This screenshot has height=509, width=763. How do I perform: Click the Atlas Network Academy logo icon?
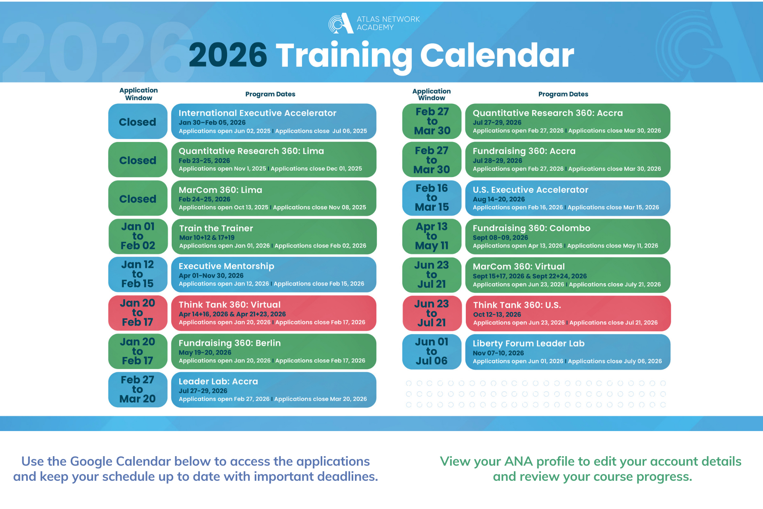point(341,23)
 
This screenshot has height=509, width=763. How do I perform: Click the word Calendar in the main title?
point(497,55)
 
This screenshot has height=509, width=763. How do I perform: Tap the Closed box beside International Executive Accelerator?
point(137,122)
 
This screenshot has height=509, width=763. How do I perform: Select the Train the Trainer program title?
point(216,228)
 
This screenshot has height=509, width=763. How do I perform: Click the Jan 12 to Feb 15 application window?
point(137,274)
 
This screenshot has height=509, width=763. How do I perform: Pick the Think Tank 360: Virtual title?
point(229,305)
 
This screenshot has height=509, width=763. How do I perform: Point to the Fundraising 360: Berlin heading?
point(229,343)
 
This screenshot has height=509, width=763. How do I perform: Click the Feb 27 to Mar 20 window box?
point(137,389)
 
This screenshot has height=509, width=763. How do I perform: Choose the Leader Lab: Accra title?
point(218,381)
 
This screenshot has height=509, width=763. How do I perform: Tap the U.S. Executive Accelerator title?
point(530,190)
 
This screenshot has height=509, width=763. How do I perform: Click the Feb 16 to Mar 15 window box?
point(432,198)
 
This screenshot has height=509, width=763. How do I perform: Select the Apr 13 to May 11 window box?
point(432,236)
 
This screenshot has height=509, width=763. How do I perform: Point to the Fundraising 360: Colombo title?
point(531,228)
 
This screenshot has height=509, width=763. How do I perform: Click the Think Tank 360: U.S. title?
point(517,305)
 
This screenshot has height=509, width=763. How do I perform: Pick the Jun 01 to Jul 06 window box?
point(432,352)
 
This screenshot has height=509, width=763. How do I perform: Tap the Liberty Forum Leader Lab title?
point(528,343)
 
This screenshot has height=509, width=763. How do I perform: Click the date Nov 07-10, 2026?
point(498,353)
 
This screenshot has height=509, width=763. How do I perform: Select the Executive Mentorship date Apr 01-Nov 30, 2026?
point(211,276)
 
